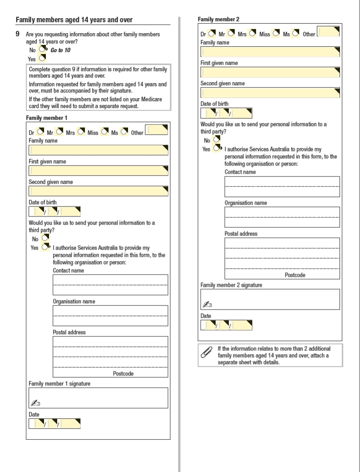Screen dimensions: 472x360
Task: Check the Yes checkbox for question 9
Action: coord(42,58)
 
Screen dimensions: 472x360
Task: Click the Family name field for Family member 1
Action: coord(98,150)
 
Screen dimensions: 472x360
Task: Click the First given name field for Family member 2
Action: coord(270,72)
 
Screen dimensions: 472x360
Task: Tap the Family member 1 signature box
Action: coord(98,398)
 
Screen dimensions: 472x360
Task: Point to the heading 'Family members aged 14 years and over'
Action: coord(74,20)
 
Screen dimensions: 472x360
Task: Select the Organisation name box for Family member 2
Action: coord(282,217)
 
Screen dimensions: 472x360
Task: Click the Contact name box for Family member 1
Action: coord(110,285)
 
